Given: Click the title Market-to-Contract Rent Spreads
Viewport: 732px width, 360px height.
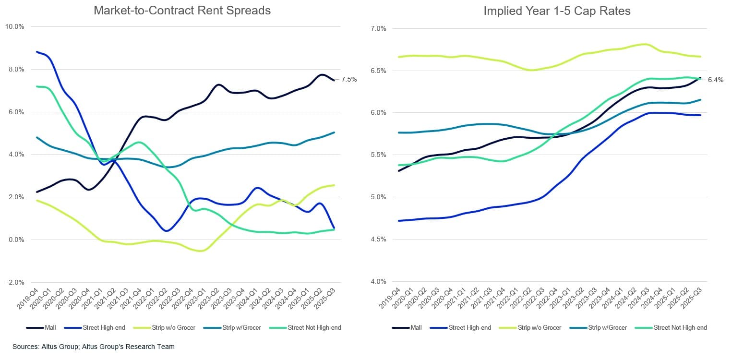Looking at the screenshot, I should (x=182, y=10).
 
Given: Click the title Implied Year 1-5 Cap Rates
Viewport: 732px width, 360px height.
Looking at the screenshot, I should (x=557, y=11).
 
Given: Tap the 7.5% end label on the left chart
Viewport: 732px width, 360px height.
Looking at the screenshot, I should (x=349, y=80).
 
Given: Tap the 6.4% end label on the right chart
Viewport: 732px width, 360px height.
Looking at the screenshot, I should (x=716, y=80).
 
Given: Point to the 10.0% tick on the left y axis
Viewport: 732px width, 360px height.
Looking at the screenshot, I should (x=14, y=26).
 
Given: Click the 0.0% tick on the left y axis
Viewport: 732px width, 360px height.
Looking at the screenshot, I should (x=15, y=240).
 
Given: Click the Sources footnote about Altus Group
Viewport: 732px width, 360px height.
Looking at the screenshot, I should (x=94, y=347).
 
